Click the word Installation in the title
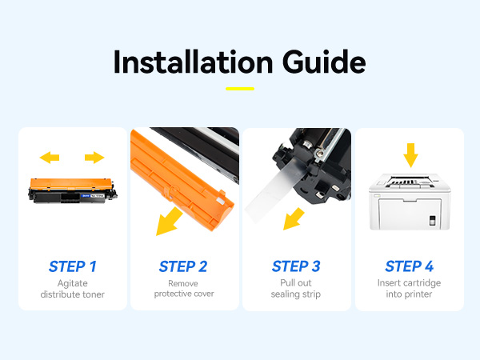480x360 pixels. pyautogui.click(x=193, y=62)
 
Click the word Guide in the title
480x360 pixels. pyautogui.click(x=324, y=62)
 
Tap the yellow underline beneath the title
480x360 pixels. pyautogui.click(x=240, y=89)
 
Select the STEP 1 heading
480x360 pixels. pyautogui.click(x=73, y=266)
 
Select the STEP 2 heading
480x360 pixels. pyautogui.click(x=183, y=266)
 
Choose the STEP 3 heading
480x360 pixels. pyautogui.click(x=296, y=266)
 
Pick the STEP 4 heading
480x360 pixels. pyautogui.click(x=410, y=266)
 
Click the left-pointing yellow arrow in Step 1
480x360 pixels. pyautogui.click(x=50, y=158)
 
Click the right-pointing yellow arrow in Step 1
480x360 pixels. pyautogui.click(x=94, y=158)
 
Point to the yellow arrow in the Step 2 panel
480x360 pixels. pyautogui.click(x=168, y=222)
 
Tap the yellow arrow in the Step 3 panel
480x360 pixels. pyautogui.click(x=294, y=219)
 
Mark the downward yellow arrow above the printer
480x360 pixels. pyautogui.click(x=410, y=155)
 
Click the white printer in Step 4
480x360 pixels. pyautogui.click(x=410, y=202)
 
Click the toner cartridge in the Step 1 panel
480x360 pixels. pyautogui.click(x=73, y=190)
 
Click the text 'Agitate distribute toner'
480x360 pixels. pyautogui.click(x=73, y=289)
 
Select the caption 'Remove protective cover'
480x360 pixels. pyautogui.click(x=184, y=288)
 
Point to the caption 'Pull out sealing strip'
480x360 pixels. pyautogui.click(x=296, y=288)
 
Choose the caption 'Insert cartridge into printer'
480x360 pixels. pyautogui.click(x=409, y=288)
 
